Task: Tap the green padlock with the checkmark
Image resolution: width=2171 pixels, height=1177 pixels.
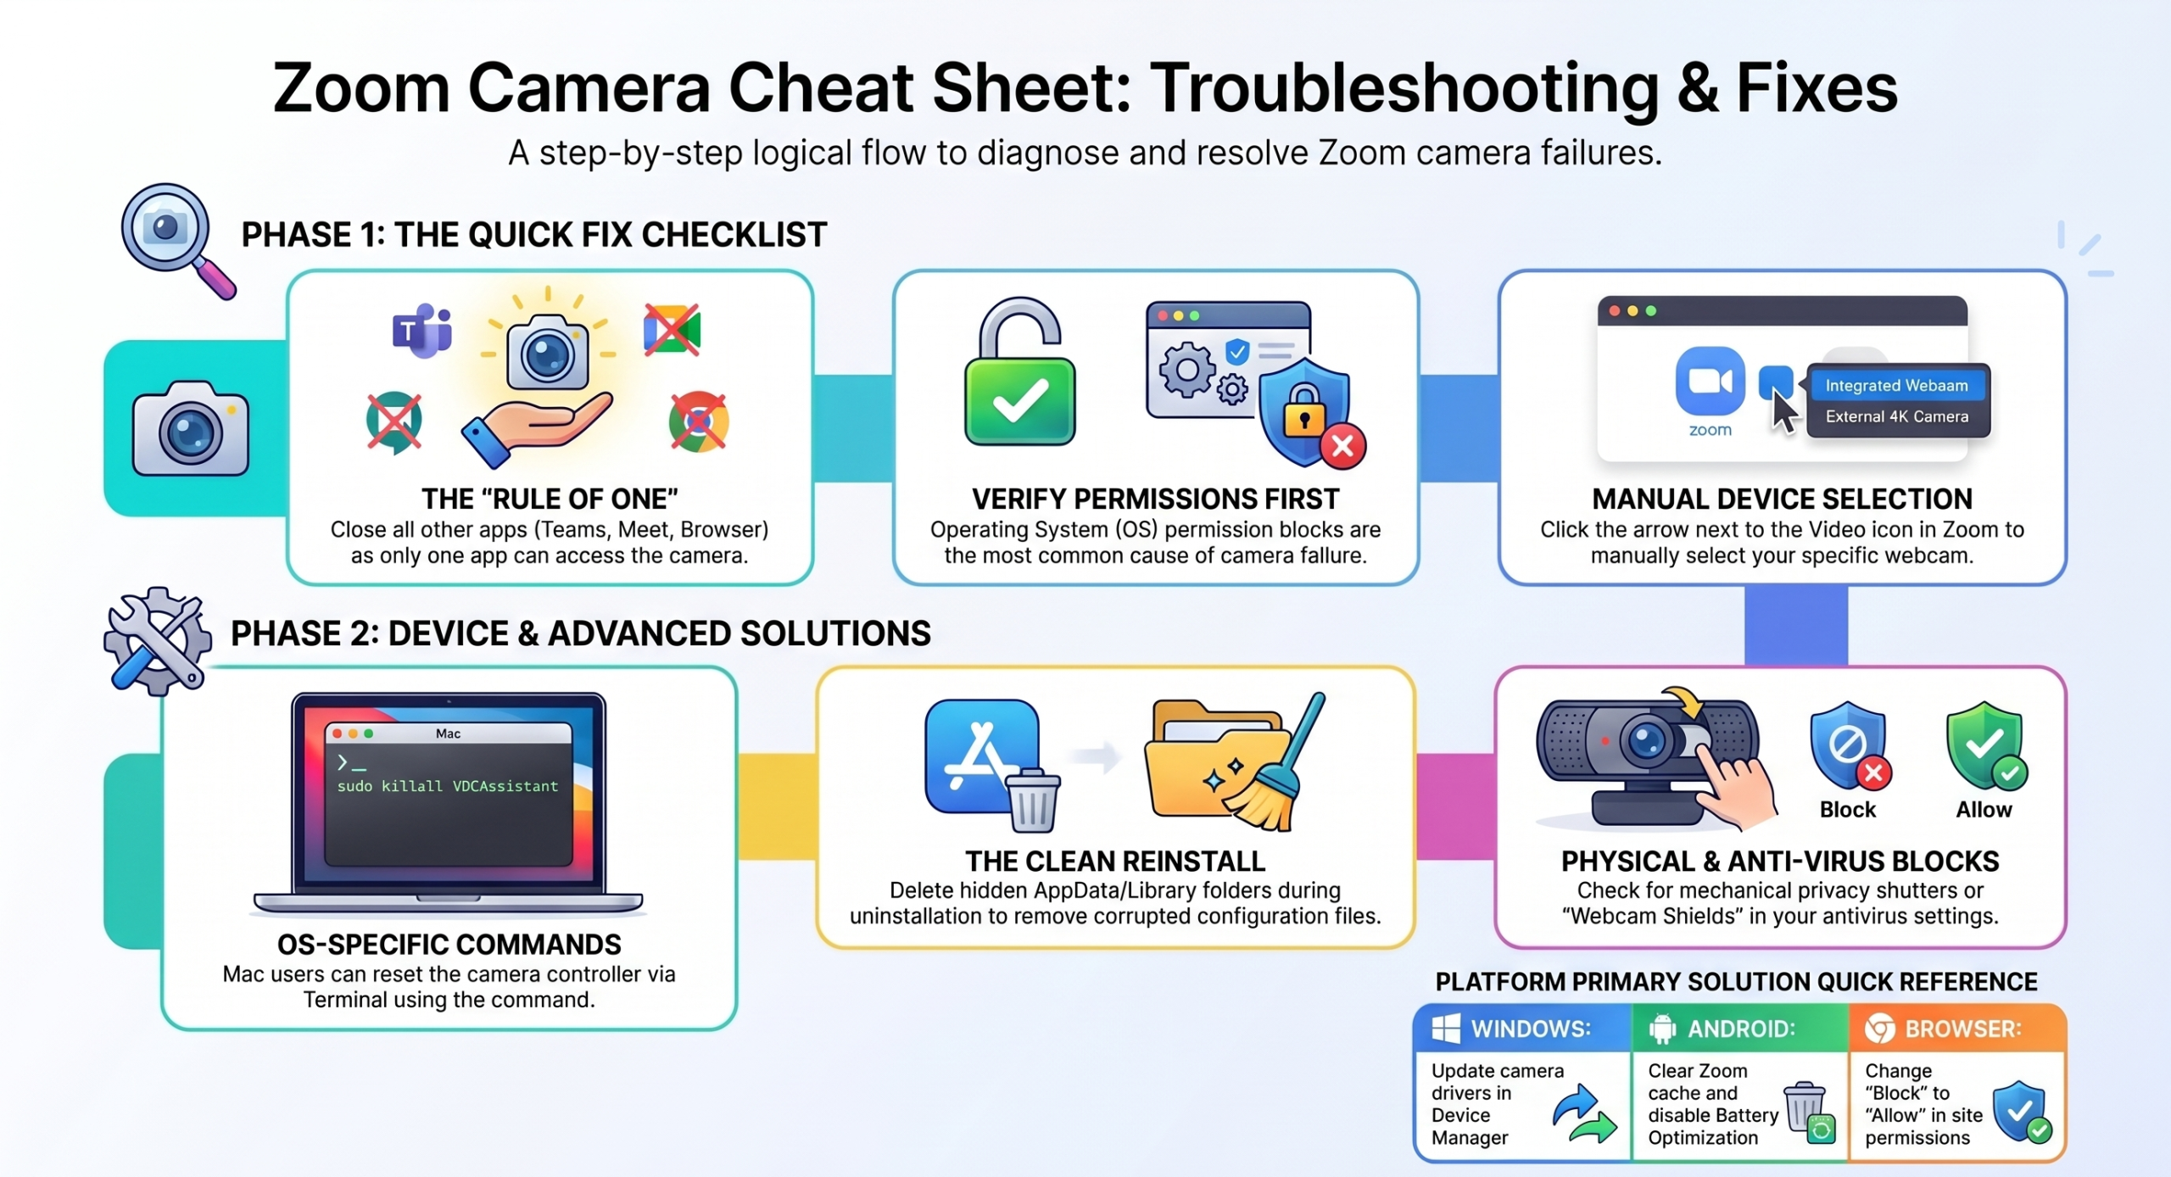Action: (1019, 373)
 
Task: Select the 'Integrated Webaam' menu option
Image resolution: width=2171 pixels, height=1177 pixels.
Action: (1896, 385)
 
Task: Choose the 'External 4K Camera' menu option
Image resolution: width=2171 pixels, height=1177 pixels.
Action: (1896, 416)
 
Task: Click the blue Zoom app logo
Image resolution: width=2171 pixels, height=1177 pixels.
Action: (1710, 380)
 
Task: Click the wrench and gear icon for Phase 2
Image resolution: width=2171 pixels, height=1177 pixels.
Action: (157, 641)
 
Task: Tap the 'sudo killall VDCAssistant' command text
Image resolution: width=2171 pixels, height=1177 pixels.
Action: (448, 786)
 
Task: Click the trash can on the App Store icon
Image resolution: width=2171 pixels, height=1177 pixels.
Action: (1032, 800)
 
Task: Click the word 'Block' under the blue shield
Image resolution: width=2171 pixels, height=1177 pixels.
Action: (1847, 810)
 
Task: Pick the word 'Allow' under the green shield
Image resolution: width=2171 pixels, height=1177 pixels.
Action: (1984, 810)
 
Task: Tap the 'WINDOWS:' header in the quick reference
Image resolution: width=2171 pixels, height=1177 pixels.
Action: (1531, 1029)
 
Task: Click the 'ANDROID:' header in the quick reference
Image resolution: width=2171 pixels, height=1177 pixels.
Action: (1741, 1029)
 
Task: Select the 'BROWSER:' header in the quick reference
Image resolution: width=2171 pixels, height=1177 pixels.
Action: (1963, 1029)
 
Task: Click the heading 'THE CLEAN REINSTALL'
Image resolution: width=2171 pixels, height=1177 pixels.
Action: (1115, 861)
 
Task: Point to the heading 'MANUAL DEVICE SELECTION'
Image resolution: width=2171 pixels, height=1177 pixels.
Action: (1782, 499)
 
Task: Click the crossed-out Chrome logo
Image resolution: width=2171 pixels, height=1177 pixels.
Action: (698, 421)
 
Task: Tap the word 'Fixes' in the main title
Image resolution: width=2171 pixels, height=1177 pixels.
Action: (1817, 87)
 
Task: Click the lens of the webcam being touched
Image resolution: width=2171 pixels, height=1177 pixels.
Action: (1645, 740)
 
